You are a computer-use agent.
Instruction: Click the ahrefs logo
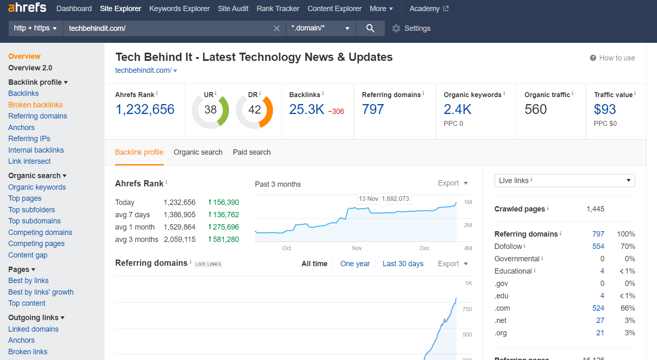27,8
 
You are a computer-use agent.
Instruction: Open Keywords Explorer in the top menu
179,9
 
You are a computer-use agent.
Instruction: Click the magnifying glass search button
370,28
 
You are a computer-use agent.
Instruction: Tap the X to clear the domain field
277,28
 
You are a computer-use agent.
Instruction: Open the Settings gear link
411,28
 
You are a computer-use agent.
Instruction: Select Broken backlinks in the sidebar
35,105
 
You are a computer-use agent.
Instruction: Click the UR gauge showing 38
211,110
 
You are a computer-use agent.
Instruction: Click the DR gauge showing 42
254,110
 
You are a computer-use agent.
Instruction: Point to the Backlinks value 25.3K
307,109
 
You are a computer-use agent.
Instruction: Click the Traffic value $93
605,109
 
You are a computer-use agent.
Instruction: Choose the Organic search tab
198,152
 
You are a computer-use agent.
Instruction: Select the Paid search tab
252,152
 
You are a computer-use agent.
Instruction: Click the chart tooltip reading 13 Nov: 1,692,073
384,199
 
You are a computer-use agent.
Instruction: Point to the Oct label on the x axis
287,248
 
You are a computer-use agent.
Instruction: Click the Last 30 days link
403,264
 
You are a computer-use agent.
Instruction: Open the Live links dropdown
564,181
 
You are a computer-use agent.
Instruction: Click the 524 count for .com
598,308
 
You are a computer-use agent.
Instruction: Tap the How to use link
613,58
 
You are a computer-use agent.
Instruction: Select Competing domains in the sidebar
40,232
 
